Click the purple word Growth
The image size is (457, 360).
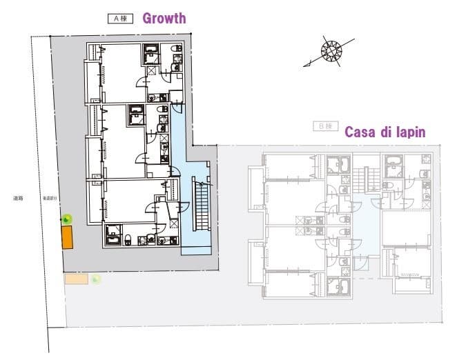pyautogui.click(x=164, y=18)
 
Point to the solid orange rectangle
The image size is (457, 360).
pyautogui.click(x=68, y=237)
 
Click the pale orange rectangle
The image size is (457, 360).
pyautogui.click(x=76, y=279)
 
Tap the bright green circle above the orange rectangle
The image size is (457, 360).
pyautogui.click(x=67, y=219)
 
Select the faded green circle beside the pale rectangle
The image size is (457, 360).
pyautogui.click(x=96, y=279)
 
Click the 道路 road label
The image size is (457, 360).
pyautogui.click(x=18, y=198)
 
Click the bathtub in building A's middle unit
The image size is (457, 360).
pyautogui.click(x=136, y=113)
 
